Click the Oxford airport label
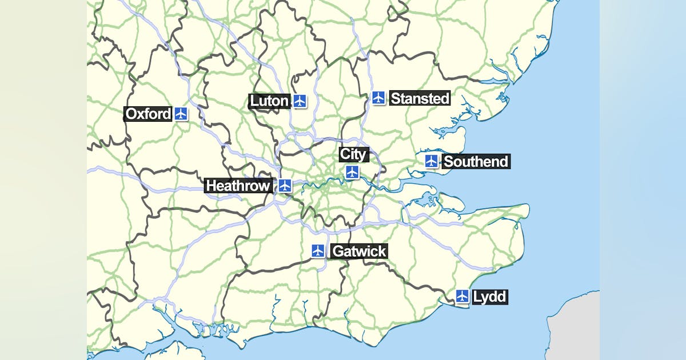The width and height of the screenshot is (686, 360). (x=148, y=114)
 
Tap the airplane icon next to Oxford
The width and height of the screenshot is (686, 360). (x=181, y=114)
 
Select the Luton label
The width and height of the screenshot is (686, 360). (x=269, y=101)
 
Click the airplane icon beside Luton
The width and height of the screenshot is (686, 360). (x=300, y=101)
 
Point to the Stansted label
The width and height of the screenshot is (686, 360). (x=420, y=98)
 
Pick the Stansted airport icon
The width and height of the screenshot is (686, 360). (x=378, y=98)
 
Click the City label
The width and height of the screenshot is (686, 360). (x=353, y=154)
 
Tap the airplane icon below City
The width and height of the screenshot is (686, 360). (x=352, y=172)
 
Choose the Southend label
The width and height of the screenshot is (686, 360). (x=476, y=162)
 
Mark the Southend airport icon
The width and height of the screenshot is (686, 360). (x=432, y=161)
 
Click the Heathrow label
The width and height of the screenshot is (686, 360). (x=238, y=186)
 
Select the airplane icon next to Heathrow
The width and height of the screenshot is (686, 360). (x=285, y=185)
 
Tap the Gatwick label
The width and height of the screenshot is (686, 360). (x=359, y=251)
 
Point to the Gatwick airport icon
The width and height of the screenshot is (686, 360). (x=318, y=250)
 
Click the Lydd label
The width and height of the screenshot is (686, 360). (x=490, y=297)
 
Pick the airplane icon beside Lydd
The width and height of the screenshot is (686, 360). (x=463, y=297)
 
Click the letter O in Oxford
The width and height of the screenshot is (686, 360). (x=131, y=114)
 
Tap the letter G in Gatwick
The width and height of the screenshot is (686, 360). (x=338, y=251)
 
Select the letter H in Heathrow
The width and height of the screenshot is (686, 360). (x=211, y=186)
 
